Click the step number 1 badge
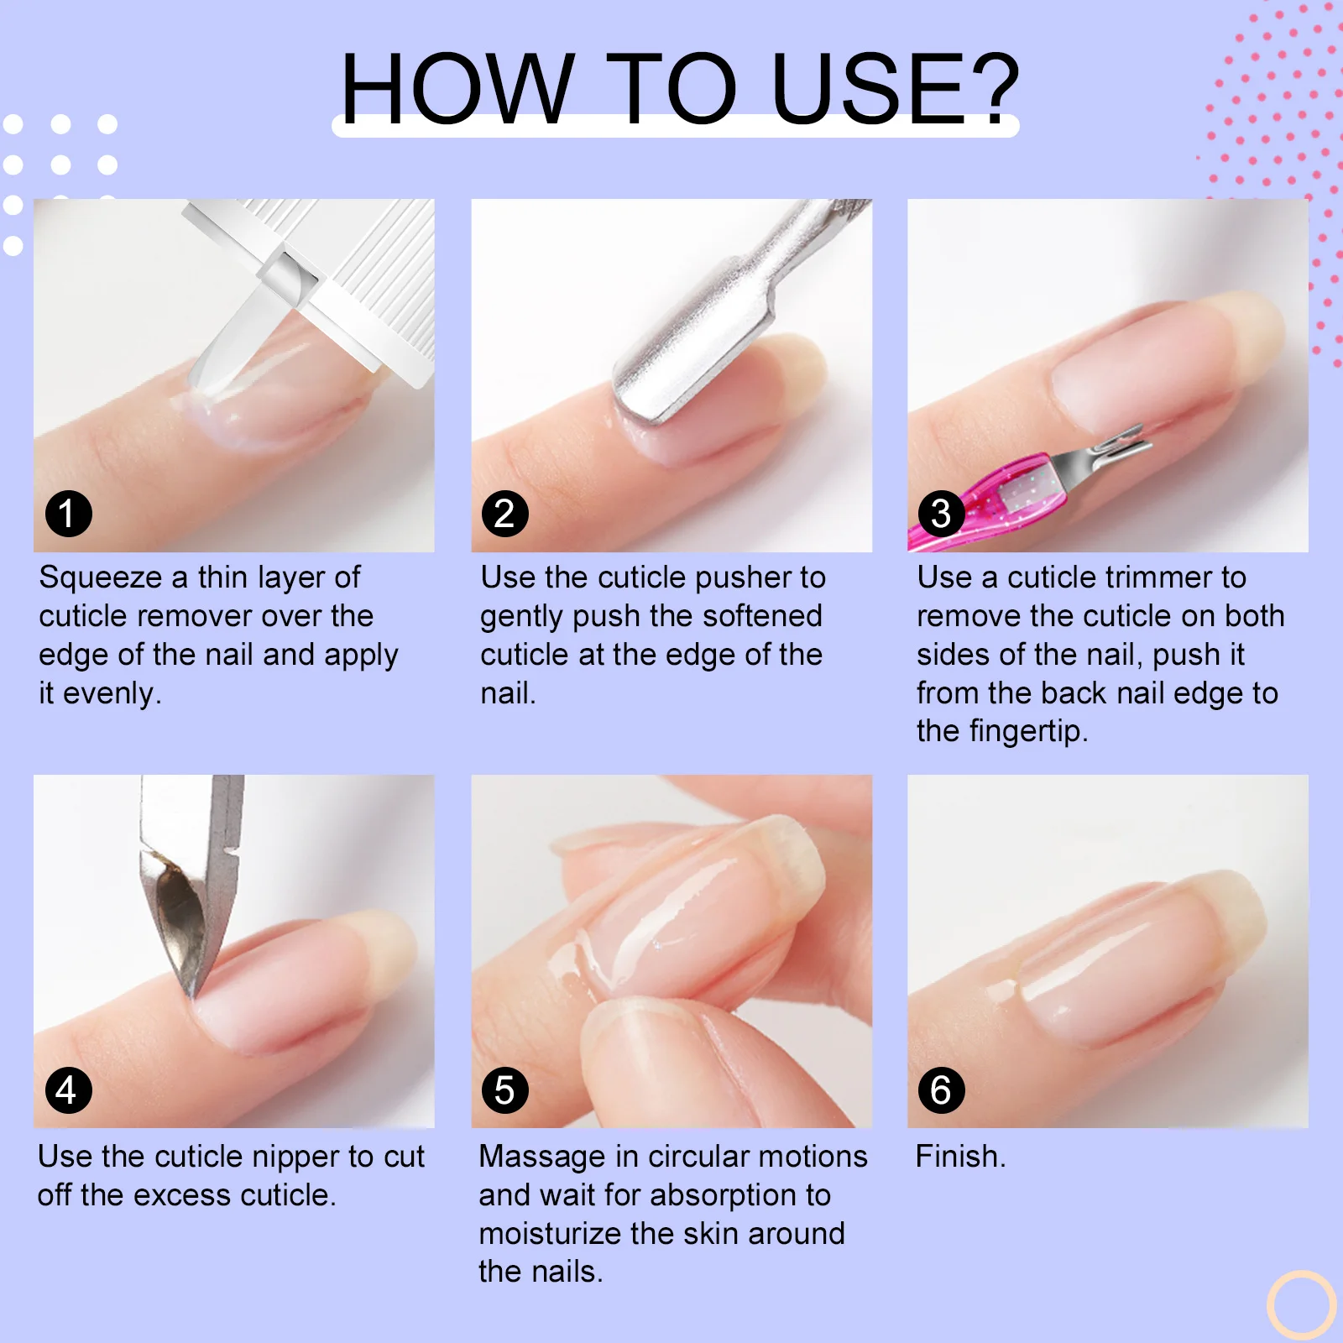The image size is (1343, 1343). point(68,514)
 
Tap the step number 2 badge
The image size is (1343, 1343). point(505,514)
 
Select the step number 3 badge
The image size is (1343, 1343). point(942,514)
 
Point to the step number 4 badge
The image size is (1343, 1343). point(68,1090)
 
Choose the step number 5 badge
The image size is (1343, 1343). point(505,1090)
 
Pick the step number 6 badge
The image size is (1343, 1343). point(942,1090)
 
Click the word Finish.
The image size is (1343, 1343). point(959,1157)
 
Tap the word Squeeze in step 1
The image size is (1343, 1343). point(101,579)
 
